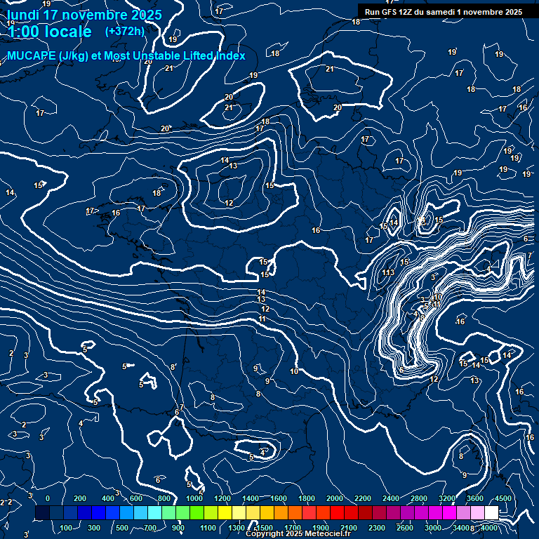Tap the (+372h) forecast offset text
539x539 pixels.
124,31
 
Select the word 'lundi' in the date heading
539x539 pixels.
22,15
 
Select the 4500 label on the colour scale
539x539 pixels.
503,498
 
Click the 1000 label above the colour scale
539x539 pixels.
194,498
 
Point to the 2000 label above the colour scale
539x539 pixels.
335,498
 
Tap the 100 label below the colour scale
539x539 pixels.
67,528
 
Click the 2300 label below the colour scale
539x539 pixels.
377,528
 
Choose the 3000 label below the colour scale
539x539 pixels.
433,528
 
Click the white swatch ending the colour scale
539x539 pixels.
491,513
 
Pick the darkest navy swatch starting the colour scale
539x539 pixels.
42,513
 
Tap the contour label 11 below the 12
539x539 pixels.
262,319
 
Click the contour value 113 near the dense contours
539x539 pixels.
388,272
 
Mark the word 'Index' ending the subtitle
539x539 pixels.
230,55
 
